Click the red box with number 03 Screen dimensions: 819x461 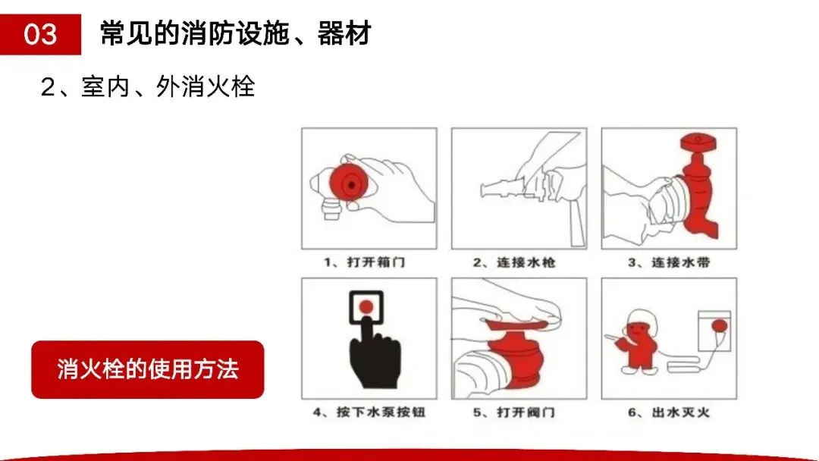[x=40, y=34]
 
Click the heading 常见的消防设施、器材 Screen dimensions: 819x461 [x=236, y=33]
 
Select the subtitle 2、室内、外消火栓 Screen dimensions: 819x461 [x=148, y=86]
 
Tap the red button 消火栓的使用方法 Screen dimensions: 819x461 [x=148, y=370]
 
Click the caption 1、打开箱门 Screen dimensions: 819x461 [x=365, y=262]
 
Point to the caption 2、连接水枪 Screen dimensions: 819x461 [x=514, y=262]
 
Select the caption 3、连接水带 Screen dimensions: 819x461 [x=669, y=262]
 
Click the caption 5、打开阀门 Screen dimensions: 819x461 [x=514, y=412]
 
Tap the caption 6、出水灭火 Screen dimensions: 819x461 [x=669, y=412]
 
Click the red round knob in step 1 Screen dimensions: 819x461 [x=349, y=183]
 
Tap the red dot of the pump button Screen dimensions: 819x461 [x=367, y=307]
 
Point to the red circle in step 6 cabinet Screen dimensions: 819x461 [x=719, y=327]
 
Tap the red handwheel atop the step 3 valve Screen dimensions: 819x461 [x=698, y=142]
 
